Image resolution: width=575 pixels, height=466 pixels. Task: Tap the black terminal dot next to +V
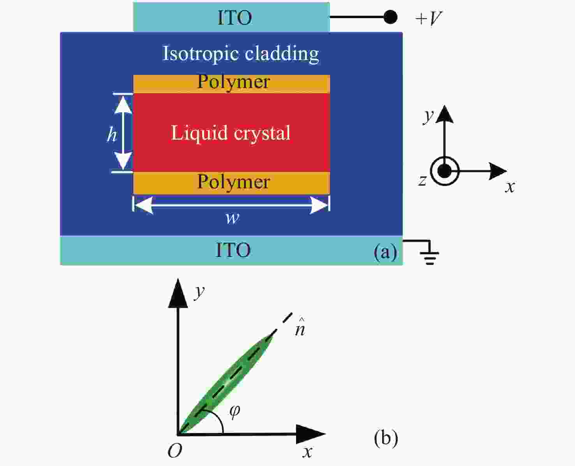point(390,17)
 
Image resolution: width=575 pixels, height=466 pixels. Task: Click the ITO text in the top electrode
point(235,18)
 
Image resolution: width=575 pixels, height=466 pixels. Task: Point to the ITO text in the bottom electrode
point(233,250)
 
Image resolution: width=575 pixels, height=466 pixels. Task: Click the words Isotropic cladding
point(240,54)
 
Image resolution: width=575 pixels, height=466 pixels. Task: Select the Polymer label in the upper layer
point(233,82)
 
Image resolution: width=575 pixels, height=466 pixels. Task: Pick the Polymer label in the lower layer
point(233,182)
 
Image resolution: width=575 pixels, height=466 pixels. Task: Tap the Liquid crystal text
point(231,133)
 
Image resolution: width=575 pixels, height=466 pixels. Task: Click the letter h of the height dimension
point(111,134)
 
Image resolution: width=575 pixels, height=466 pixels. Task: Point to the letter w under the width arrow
point(233,218)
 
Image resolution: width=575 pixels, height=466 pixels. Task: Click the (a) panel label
point(385,252)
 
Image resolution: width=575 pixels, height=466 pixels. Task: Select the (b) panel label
point(386,438)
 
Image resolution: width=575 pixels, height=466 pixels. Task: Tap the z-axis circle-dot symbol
point(444,171)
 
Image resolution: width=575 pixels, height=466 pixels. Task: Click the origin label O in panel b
point(175,451)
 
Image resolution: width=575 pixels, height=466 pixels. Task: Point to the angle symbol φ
point(235,411)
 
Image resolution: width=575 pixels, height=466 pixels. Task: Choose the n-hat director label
point(300,328)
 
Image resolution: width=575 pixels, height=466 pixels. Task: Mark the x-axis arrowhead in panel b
point(311,434)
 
